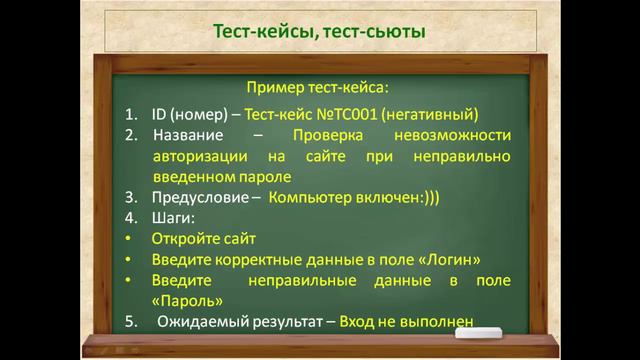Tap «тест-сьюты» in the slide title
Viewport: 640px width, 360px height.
coord(375,34)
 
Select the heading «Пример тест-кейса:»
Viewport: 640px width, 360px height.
coord(318,89)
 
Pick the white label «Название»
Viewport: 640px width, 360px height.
coord(190,134)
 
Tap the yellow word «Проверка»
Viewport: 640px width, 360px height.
coord(331,134)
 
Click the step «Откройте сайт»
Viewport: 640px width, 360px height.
coord(204,239)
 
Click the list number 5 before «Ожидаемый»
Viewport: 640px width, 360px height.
coord(131,322)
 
